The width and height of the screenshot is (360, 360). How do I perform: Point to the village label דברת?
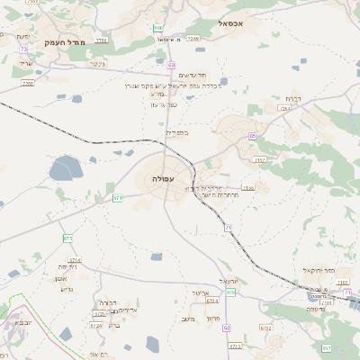click(x=293, y=98)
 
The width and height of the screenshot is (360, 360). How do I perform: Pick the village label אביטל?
click(x=201, y=292)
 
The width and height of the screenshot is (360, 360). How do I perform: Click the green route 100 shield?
click(x=158, y=28)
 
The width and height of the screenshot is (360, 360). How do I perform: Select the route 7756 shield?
click(x=101, y=40)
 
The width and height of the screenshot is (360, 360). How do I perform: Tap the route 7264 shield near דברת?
click(x=285, y=108)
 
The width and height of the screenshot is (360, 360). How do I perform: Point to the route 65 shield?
click(x=252, y=136)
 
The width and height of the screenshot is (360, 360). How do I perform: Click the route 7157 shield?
click(x=259, y=160)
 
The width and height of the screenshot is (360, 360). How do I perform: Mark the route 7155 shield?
click(x=247, y=188)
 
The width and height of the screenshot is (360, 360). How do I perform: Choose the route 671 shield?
click(x=117, y=197)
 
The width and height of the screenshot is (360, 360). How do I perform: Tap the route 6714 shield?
click(x=74, y=260)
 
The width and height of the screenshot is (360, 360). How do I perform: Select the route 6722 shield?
click(x=265, y=328)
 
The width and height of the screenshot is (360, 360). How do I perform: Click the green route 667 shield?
click(x=327, y=347)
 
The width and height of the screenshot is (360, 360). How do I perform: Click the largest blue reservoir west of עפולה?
click(x=65, y=167)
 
